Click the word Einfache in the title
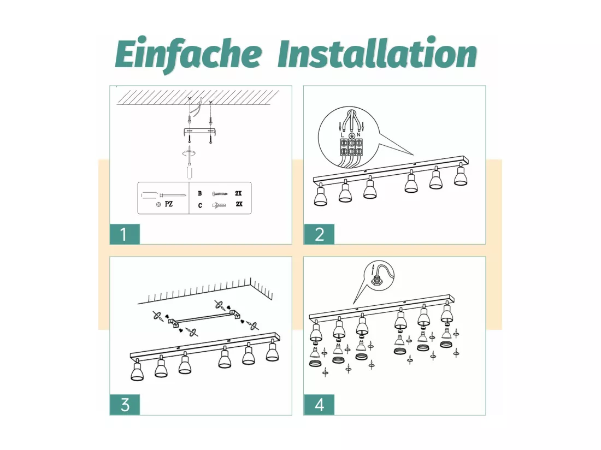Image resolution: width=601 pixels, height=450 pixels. [x=188, y=54]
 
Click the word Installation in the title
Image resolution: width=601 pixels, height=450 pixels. [x=377, y=54]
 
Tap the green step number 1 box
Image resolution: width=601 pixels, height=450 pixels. [x=125, y=234]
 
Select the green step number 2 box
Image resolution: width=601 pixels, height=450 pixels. [x=319, y=234]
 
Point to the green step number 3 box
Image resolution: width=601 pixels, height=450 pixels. [x=125, y=405]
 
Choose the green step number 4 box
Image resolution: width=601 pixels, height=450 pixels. [x=319, y=405]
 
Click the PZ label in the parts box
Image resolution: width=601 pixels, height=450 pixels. [x=169, y=204]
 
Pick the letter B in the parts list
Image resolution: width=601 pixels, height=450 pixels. [x=199, y=193]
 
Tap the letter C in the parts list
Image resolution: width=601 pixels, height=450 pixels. [x=199, y=206]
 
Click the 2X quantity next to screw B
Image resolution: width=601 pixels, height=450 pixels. [x=238, y=193]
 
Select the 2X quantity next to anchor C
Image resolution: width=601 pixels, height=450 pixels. [x=239, y=204]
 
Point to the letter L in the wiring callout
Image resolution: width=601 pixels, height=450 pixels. [x=343, y=135]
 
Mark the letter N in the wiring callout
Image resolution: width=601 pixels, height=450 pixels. [x=358, y=135]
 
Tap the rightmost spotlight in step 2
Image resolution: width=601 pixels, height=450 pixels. [x=461, y=174]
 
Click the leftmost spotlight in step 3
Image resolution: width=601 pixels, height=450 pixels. [x=137, y=370]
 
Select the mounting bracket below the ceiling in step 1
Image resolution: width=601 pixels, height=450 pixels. [x=201, y=132]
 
